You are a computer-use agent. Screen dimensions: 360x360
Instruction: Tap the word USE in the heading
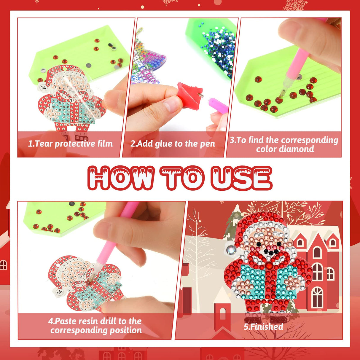pos(241,178)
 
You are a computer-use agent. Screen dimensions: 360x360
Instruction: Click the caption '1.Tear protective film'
pos(70,144)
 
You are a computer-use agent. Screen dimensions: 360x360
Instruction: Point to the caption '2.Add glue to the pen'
pos(173,144)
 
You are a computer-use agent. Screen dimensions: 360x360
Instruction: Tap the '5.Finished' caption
pos(263,326)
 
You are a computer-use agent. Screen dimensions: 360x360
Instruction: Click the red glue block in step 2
pos(190,95)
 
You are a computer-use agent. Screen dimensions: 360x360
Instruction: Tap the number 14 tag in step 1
pos(43,88)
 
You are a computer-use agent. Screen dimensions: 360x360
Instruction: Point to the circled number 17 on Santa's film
pos(72,100)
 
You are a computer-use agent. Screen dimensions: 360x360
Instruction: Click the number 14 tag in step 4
pos(59,292)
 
